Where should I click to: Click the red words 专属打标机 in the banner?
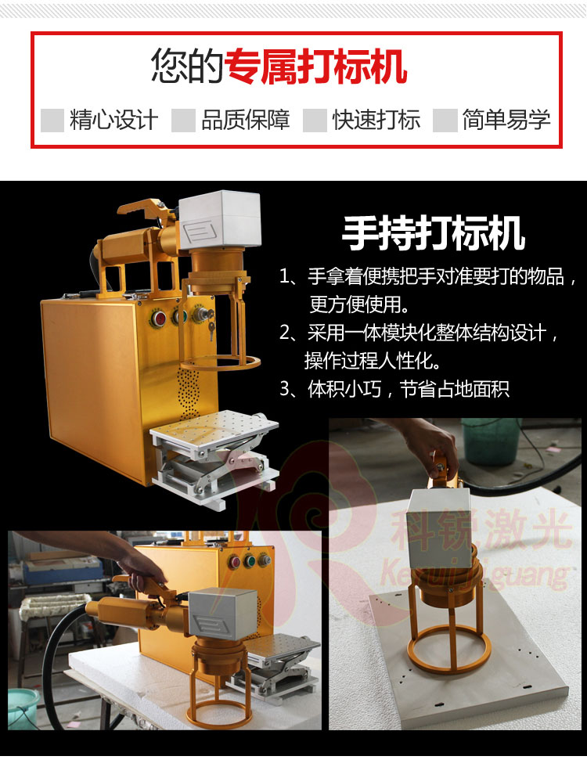[x=315, y=67]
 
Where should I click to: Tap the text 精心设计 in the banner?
[x=113, y=120]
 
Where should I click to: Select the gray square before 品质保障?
[x=183, y=120]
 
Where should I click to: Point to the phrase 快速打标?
[x=376, y=120]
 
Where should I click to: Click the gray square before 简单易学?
[x=445, y=120]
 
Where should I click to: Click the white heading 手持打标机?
[x=434, y=232]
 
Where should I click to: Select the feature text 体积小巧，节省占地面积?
[x=407, y=388]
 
